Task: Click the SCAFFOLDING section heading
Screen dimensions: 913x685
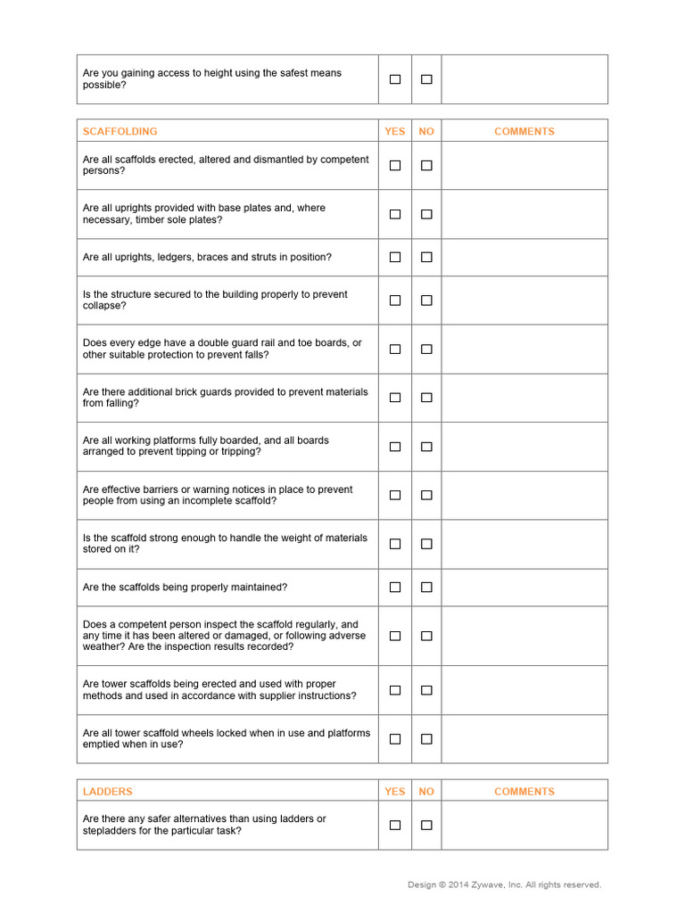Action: click(x=120, y=131)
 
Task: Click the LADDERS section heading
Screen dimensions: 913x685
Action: click(x=107, y=791)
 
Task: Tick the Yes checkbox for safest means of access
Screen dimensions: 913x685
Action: click(x=395, y=79)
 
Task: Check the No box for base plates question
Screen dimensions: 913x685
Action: click(x=426, y=214)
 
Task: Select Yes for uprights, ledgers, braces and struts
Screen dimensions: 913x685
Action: click(x=395, y=257)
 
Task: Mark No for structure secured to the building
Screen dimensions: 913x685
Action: click(x=426, y=300)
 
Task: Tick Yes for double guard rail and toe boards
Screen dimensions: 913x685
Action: click(x=395, y=350)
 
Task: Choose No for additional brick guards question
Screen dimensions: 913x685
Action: click(x=426, y=398)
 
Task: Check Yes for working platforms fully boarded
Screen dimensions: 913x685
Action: click(x=395, y=447)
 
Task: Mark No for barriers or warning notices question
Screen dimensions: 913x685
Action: click(x=426, y=495)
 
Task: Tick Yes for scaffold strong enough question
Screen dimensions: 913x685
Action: click(x=395, y=544)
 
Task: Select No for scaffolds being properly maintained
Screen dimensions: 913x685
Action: click(x=426, y=588)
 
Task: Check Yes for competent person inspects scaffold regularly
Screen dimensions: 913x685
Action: click(x=395, y=636)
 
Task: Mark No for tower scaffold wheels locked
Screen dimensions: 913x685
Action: click(x=426, y=739)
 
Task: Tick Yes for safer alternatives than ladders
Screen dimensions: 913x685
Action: click(x=395, y=825)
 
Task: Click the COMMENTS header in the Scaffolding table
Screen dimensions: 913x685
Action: click(x=524, y=131)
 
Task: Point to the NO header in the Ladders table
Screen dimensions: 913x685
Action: click(x=426, y=791)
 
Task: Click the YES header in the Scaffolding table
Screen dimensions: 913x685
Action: click(x=395, y=131)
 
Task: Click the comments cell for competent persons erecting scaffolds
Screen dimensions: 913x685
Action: click(x=524, y=166)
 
